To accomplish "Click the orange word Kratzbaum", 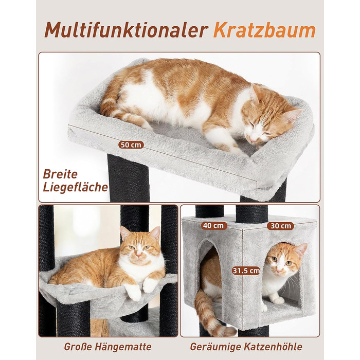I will pos(264,29).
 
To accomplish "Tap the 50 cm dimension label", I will pos(131,145).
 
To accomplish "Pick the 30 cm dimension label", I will pos(280,225).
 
